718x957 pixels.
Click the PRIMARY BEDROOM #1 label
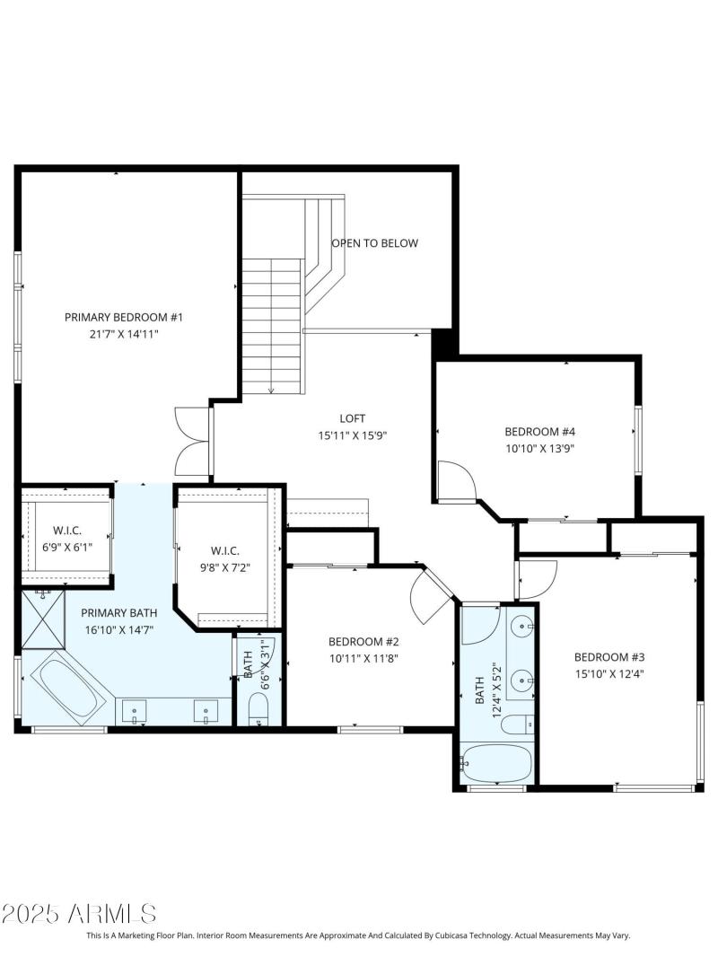[124, 317]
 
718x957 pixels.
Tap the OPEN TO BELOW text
[375, 243]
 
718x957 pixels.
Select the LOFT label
[353, 418]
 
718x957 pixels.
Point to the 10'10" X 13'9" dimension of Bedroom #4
[538, 447]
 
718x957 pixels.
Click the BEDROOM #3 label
[609, 655]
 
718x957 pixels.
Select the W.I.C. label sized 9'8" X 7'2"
[224, 550]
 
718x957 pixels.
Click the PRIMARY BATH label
[118, 613]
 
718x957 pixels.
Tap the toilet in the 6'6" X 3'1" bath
[258, 713]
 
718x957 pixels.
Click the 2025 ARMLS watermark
[79, 914]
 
